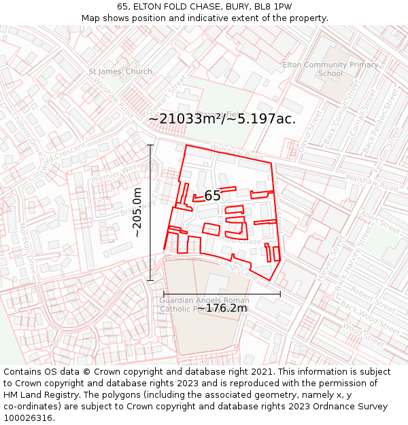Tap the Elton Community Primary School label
[x=330, y=69]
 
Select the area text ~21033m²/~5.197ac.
[x=222, y=119]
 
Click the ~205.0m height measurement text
[x=137, y=212]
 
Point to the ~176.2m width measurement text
[x=222, y=308]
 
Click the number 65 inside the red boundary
[x=212, y=196]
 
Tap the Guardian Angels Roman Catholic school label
[x=205, y=304]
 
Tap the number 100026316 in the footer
[x=29, y=418]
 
